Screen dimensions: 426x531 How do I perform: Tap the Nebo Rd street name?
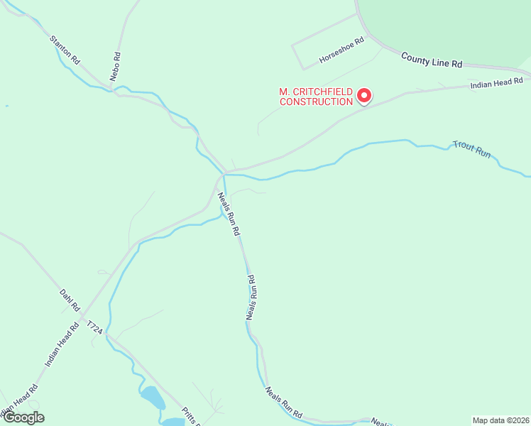115,66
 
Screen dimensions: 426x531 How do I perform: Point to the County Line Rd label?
431,60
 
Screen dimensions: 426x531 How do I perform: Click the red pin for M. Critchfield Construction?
364,94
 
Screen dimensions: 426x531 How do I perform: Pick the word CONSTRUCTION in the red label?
316,102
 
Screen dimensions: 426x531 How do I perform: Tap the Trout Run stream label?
472,150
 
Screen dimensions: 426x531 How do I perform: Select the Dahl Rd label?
70,301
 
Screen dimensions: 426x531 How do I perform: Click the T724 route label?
95,327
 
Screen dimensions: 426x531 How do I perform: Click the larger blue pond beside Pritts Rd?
152,398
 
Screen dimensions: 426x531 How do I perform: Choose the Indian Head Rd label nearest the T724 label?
62,344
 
